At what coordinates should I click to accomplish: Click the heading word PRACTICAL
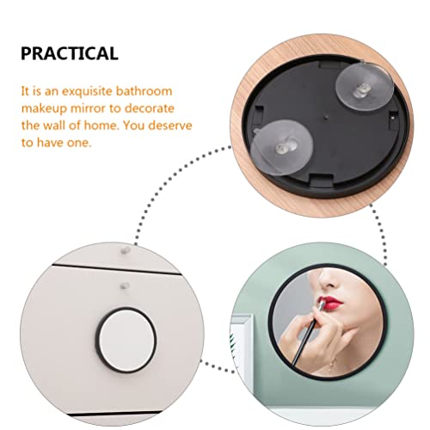click(68, 53)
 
